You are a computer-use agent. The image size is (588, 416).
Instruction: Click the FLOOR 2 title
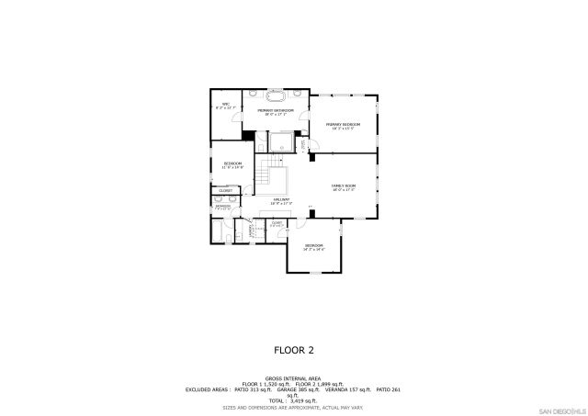pyautogui.click(x=294, y=350)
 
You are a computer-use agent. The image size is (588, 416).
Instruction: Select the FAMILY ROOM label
pyautogui.click(x=344, y=186)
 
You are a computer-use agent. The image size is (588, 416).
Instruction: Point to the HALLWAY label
pyautogui.click(x=281, y=200)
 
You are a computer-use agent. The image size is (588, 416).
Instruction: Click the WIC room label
pyautogui.click(x=225, y=106)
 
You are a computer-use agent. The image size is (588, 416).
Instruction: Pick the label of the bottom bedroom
pyautogui.click(x=314, y=247)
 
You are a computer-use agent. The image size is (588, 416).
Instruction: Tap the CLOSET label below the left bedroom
pyautogui.click(x=225, y=190)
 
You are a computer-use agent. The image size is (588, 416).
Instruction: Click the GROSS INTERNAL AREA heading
pyautogui.click(x=293, y=377)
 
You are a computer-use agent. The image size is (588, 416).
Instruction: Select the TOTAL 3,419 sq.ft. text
pyautogui.click(x=294, y=400)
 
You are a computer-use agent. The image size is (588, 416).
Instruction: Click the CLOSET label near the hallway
pyautogui.click(x=277, y=223)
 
